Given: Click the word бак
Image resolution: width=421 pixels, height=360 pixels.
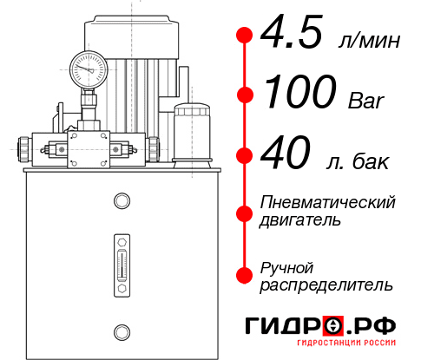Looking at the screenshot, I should (372, 161).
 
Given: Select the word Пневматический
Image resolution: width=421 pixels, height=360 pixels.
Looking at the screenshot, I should (328, 202).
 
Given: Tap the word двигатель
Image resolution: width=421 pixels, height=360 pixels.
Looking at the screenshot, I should (300, 219).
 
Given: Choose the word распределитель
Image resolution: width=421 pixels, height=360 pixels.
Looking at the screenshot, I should (326, 284).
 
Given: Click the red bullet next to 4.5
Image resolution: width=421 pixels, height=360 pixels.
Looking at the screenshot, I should (245, 36).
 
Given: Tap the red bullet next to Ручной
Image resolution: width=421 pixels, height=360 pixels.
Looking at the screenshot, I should (245, 275).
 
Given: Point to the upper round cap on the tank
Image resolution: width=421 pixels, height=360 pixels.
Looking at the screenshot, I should (121, 202).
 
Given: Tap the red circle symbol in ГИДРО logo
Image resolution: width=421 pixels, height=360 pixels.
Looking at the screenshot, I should (332, 326).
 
